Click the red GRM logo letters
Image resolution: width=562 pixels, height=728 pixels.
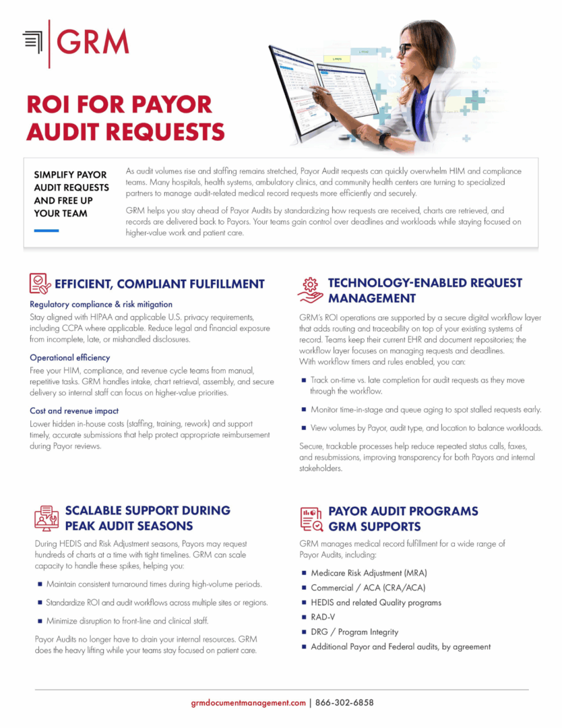coord(92,42)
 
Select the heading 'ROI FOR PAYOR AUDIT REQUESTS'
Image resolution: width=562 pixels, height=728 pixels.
coord(125,117)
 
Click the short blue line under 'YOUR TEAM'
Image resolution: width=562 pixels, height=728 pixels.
coord(46,231)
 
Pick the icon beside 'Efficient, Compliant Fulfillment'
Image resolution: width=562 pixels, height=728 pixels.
coord(40,283)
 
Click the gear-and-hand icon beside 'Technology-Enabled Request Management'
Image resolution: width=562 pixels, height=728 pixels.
coord(309,289)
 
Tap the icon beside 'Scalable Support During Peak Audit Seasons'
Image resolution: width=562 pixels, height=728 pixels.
coord(46,518)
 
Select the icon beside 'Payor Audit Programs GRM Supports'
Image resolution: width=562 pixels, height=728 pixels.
coord(310,518)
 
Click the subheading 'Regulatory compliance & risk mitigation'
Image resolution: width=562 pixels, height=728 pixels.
coord(101,304)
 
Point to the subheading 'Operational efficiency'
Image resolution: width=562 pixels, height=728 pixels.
coord(70,357)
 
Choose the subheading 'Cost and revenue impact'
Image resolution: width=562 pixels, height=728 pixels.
coord(74,411)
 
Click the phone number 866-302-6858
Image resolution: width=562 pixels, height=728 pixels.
coord(344,702)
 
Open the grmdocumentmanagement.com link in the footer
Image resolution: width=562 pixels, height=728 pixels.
coord(249,702)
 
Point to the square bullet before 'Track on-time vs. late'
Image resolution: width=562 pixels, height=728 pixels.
coord(303,380)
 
